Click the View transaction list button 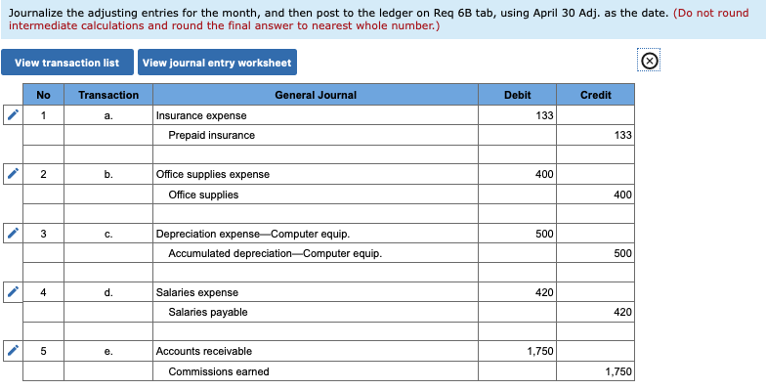pos(66,63)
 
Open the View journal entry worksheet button pos(217,63)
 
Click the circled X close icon pos(650,62)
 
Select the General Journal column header pos(316,95)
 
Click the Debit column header pos(517,95)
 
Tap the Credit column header pos(595,95)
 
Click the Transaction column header pos(108,95)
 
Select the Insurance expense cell pos(315,115)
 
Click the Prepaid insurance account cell pos(315,135)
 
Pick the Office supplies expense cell pos(315,174)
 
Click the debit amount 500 pos(517,235)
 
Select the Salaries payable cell pos(315,312)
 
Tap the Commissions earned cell pos(315,371)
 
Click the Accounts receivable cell pos(315,351)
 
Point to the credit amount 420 pos(595,312)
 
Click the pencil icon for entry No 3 pos(13,235)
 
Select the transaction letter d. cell pos(108,292)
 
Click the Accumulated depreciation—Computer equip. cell pos(315,253)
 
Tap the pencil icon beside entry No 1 pos(13,115)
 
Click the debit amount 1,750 pos(517,351)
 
